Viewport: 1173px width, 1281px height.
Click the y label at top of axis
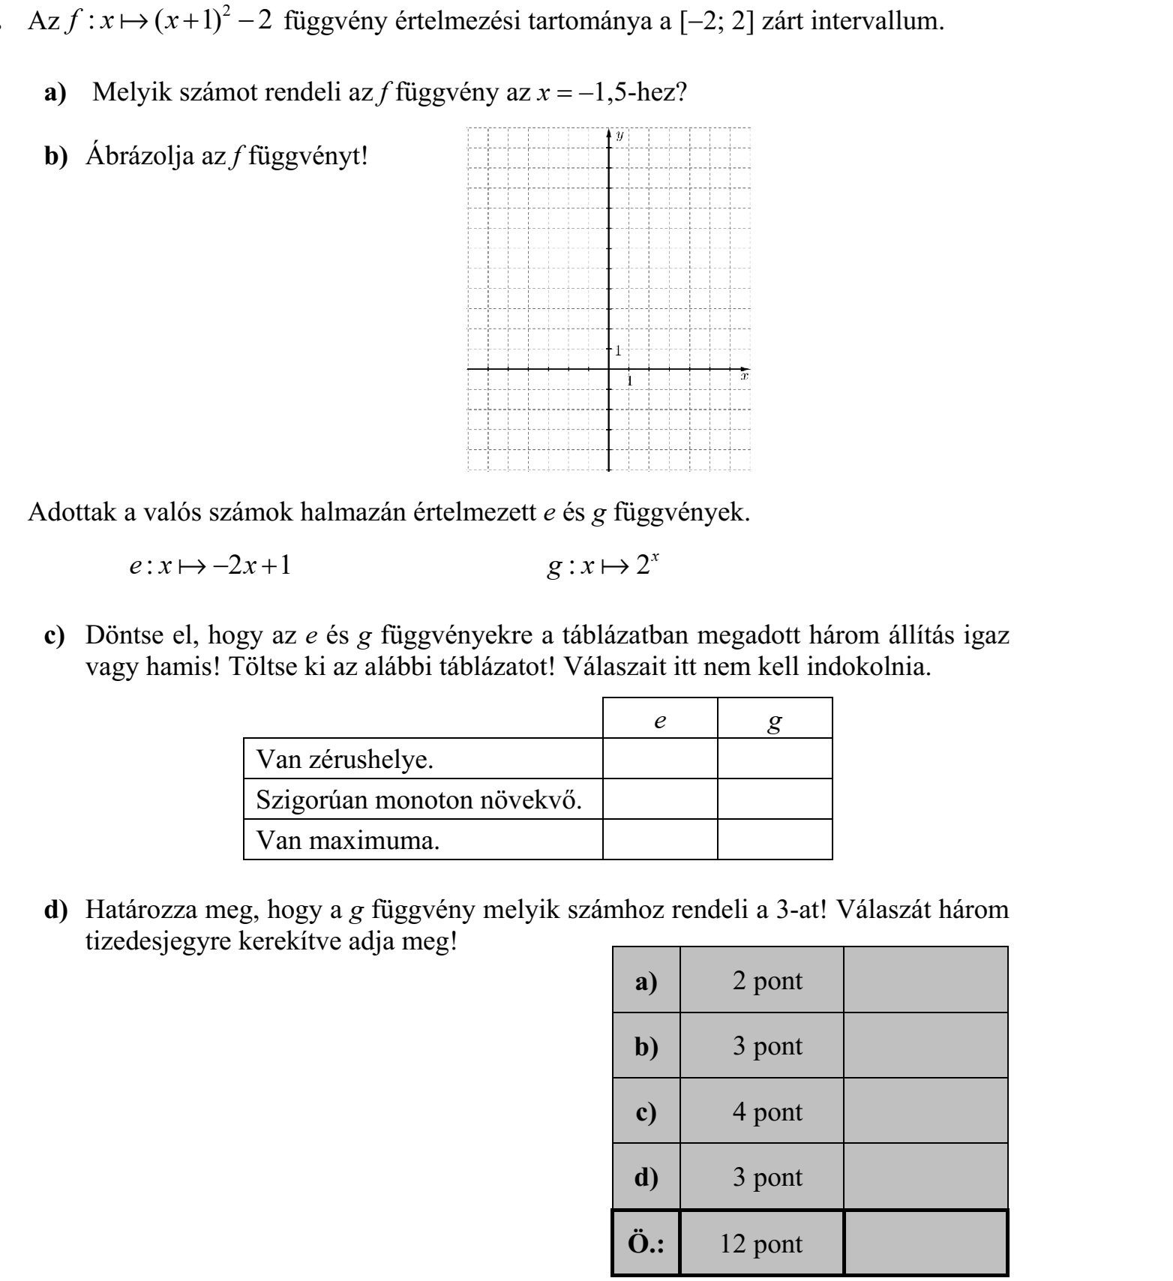coord(619,136)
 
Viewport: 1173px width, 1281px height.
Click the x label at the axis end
coord(744,378)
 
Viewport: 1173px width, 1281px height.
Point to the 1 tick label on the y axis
coord(619,350)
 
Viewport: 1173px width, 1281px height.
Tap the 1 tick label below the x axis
coord(630,381)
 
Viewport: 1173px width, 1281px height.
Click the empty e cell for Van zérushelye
coord(660,759)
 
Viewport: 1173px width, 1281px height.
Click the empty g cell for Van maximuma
coord(775,840)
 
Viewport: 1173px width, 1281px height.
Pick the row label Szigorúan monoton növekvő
coord(419,799)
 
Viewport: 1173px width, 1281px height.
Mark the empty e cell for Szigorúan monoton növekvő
coord(660,799)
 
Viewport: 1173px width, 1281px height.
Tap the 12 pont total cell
coord(761,1244)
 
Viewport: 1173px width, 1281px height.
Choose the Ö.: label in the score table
coord(646,1244)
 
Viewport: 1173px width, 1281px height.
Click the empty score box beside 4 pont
coord(925,1111)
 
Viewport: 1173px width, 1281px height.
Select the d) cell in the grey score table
coord(646,1177)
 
